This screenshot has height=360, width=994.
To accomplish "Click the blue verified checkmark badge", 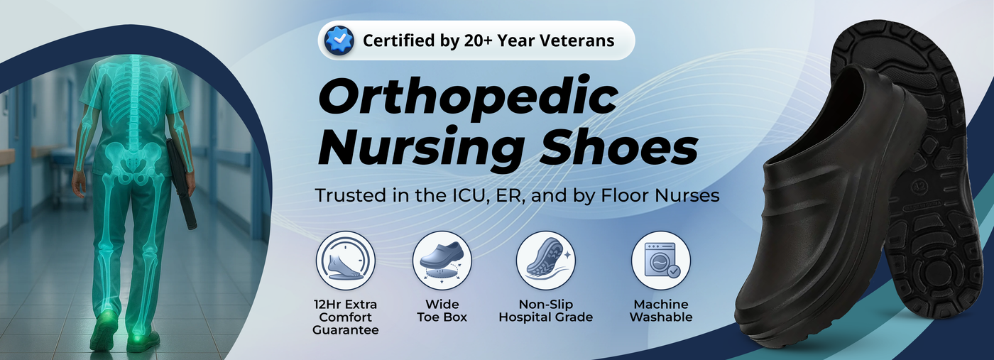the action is (339, 40).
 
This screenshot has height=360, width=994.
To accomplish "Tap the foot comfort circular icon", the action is (345, 261).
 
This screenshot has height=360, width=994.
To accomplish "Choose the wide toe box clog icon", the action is (442, 261).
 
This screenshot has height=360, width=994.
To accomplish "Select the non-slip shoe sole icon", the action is (545, 261).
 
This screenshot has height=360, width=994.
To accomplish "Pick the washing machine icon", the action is (661, 261).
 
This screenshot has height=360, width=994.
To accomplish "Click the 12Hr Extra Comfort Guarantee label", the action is (345, 317).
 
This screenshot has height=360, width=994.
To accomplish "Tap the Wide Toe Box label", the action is (442, 311).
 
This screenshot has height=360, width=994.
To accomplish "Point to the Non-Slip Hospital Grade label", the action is (546, 311).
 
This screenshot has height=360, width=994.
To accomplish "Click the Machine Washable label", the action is (661, 311).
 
